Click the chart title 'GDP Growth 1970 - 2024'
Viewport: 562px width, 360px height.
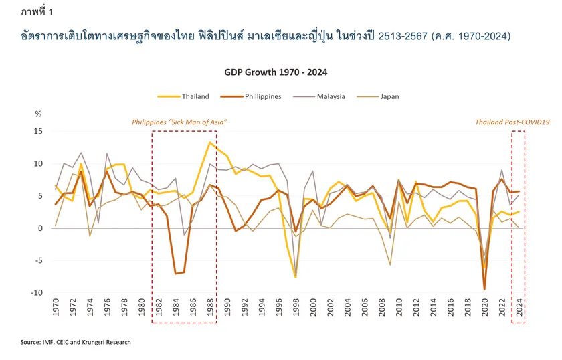pyautogui.click(x=280, y=70)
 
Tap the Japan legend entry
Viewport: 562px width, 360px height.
pyautogui.click(x=389, y=96)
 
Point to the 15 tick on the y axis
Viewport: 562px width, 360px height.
pyautogui.click(x=38, y=131)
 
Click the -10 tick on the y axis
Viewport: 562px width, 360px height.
pyautogui.click(x=37, y=293)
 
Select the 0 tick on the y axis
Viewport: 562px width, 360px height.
pyautogui.click(x=39, y=228)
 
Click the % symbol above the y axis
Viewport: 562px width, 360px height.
pyautogui.click(x=38, y=114)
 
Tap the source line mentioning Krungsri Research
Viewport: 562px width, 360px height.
pyautogui.click(x=76, y=342)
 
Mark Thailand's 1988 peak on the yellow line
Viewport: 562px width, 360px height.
pyautogui.click(x=210, y=142)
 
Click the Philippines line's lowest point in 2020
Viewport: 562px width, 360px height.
pyautogui.click(x=484, y=290)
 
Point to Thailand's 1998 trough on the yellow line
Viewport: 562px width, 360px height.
pyautogui.click(x=295, y=277)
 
